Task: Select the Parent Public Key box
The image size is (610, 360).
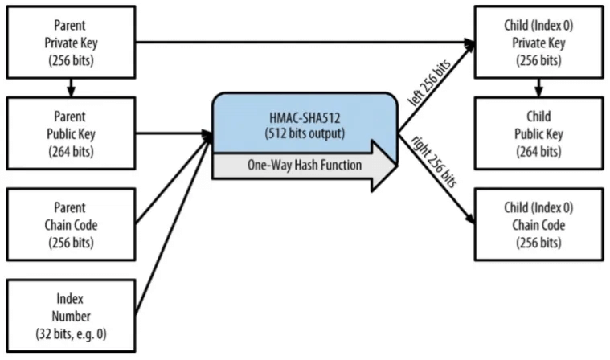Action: pos(71,131)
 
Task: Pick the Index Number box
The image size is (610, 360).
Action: pos(71,313)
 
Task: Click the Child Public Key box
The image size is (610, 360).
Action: pos(538,131)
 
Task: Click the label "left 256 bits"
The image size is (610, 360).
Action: pos(431,80)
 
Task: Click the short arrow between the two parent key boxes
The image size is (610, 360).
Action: pos(71,84)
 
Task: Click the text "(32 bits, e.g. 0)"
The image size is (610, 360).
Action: pos(71,333)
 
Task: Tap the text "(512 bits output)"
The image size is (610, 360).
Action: pos(305,132)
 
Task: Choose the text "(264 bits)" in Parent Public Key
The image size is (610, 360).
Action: pos(71,151)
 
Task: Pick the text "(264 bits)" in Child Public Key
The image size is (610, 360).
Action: pos(538,151)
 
